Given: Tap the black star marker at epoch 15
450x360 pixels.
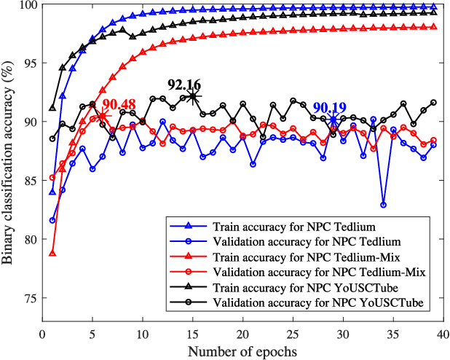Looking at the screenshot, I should pyautogui.click(x=192, y=95).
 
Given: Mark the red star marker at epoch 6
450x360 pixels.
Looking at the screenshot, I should pyautogui.click(x=103, y=116).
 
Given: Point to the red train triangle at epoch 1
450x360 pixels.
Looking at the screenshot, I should pyautogui.click(x=52, y=253).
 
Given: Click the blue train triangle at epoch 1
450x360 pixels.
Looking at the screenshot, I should pyautogui.click(x=52, y=192).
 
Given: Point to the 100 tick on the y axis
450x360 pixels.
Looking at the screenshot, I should pyautogui.click(x=28, y=6).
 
